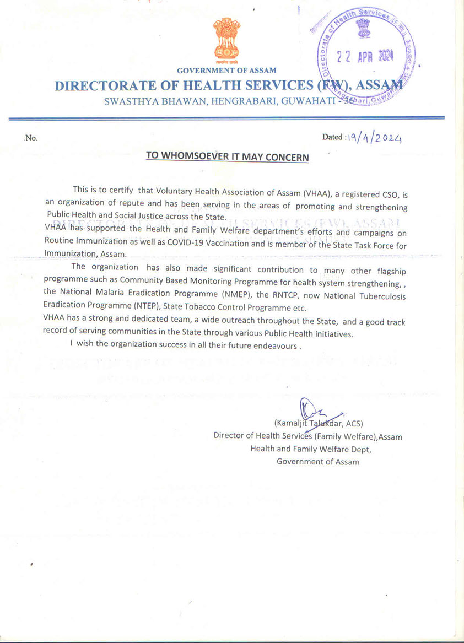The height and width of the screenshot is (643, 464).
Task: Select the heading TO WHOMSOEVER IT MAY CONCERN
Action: [227, 157]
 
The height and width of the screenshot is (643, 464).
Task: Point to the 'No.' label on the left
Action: [31, 138]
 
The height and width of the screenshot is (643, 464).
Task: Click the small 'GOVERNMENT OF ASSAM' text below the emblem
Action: [226, 71]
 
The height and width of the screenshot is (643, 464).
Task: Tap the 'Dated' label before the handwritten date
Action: [332, 137]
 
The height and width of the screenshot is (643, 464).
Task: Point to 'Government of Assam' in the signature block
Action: [318, 462]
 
